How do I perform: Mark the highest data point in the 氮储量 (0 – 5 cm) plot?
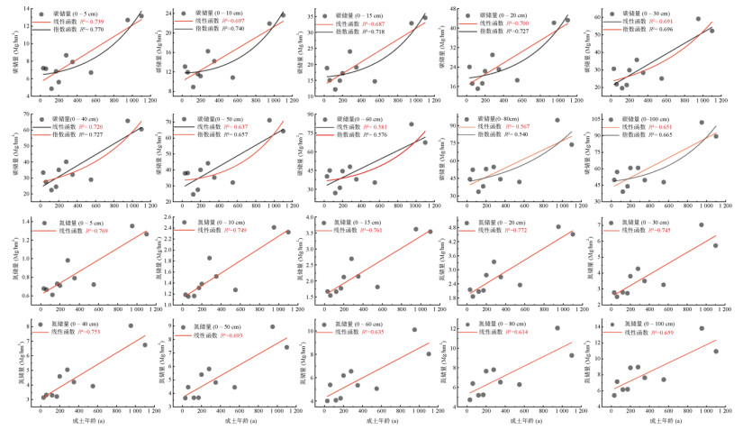click(131, 226)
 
